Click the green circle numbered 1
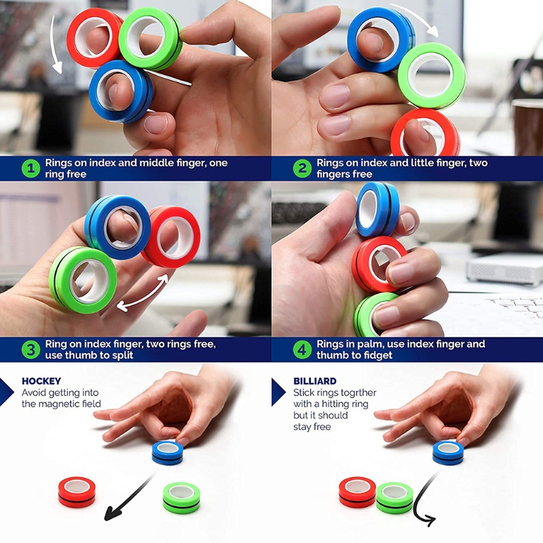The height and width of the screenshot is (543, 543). coord(31,169)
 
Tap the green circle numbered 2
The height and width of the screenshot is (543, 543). coord(301,169)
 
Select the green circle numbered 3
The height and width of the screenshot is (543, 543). coord(31,350)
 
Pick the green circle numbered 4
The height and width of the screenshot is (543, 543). coord(301,350)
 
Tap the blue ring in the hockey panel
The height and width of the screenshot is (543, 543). coord(167,452)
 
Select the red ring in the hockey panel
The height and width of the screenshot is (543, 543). coord(76,491)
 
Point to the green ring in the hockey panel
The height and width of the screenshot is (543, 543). coord(181,498)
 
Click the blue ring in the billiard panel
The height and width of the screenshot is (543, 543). coord(448,452)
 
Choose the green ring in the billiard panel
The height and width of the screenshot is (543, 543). coord(394,498)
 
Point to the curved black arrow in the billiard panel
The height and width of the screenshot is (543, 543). coord(424,502)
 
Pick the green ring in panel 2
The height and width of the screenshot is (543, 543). coord(432,74)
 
